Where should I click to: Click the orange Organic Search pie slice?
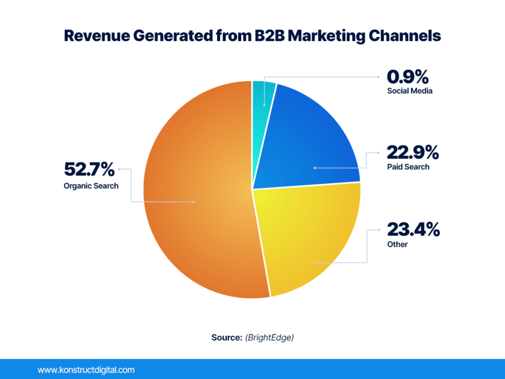coord(198,198)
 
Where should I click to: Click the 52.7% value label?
coord(89,169)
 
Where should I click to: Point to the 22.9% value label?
coord(413,152)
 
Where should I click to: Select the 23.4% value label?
coord(413,229)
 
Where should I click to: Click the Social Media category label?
coord(410,91)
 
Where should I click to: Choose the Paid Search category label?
coord(408,167)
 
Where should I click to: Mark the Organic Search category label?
coord(91,185)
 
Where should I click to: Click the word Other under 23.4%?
coord(397,244)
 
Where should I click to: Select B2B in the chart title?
coord(267,36)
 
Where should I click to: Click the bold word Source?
coord(226,337)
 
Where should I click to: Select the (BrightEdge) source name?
coord(269,337)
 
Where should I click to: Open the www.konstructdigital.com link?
coord(86,370)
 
